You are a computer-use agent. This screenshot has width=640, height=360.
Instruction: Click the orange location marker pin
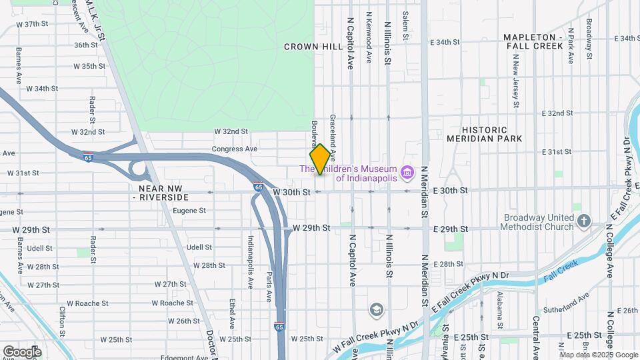[x=320, y=159]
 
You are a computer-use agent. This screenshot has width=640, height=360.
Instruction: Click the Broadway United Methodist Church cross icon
[x=584, y=221]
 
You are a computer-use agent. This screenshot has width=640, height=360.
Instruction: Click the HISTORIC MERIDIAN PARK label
[x=493, y=134]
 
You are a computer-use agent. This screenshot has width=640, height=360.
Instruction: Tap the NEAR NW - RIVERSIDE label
[x=160, y=193]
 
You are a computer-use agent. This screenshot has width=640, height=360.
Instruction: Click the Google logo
[x=22, y=351]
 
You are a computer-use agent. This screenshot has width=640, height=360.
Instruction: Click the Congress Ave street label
[x=234, y=149]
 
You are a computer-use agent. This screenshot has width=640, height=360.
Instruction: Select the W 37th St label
[x=33, y=24]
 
